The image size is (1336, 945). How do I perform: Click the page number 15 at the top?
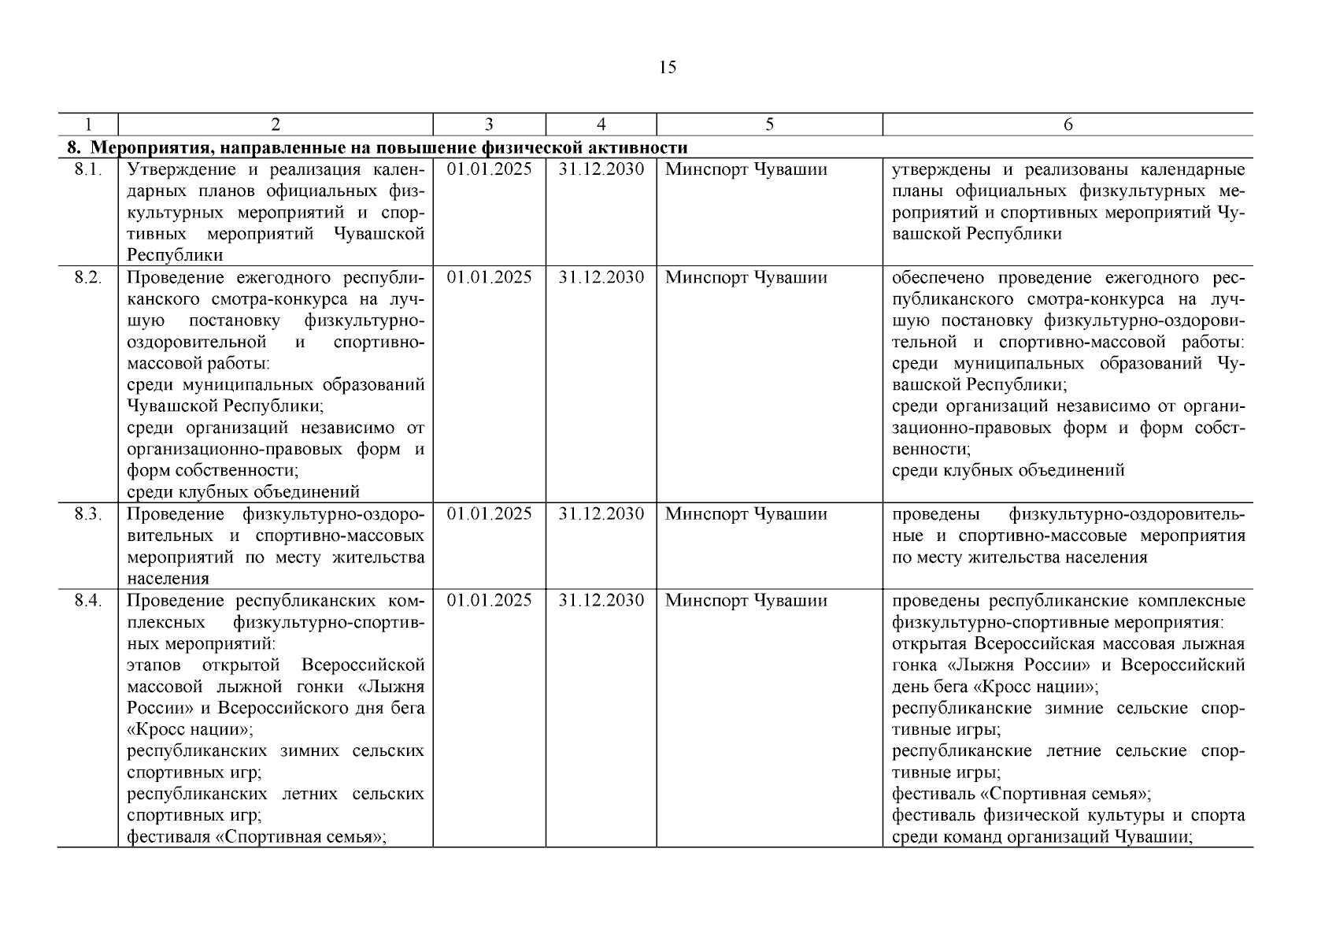(667, 68)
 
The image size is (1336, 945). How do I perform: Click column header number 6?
(1068, 124)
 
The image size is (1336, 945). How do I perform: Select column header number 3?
(489, 124)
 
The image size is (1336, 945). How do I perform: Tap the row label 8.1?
(88, 170)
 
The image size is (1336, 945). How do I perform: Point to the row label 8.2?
(88, 278)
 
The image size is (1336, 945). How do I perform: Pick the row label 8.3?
(88, 514)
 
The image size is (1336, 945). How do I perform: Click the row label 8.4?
(88, 601)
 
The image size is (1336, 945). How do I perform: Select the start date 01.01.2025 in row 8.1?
(489, 170)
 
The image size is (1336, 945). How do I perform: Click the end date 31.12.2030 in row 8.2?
(601, 278)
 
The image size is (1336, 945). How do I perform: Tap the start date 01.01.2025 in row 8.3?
(489, 514)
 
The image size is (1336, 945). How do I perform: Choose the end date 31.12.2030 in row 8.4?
(601, 601)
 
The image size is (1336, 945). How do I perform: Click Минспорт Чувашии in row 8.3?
(746, 514)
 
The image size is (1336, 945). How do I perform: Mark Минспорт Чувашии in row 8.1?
(746, 170)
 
